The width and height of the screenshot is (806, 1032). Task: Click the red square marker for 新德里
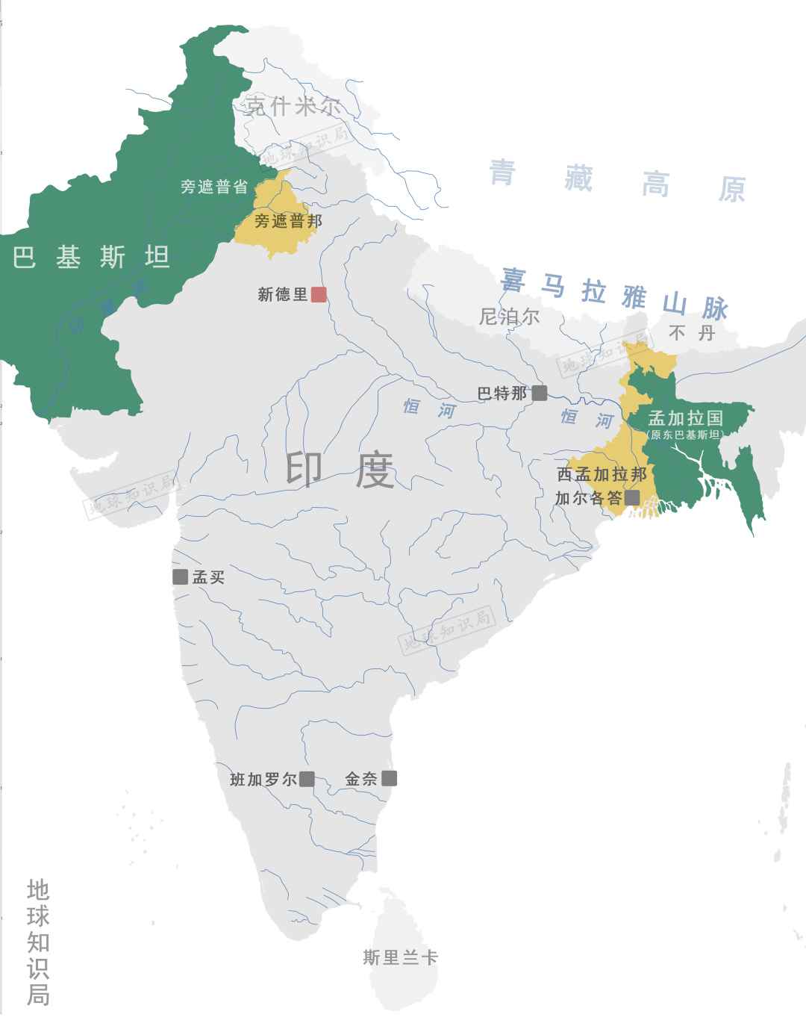tap(319, 294)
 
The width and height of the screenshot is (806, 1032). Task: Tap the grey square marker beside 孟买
tap(180, 576)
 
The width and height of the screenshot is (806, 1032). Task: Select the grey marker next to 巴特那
tap(540, 393)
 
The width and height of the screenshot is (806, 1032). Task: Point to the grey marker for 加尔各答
tap(632, 497)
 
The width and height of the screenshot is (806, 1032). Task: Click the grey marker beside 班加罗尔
tap(307, 779)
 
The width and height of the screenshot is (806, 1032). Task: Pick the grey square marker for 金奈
tap(389, 778)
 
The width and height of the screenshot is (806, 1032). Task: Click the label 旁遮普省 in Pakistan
tap(213, 187)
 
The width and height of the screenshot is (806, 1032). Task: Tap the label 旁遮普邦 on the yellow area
tap(288, 221)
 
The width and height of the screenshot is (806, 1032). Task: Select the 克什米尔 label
tap(293, 106)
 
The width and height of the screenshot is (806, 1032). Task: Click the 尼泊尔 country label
tap(509, 317)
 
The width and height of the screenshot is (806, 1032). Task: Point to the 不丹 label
tap(691, 333)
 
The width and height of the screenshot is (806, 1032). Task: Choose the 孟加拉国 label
tap(686, 418)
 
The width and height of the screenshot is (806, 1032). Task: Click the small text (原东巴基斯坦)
tap(684, 435)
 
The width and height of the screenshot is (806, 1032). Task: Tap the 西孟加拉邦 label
tap(602, 474)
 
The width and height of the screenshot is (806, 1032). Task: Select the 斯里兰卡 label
tap(400, 957)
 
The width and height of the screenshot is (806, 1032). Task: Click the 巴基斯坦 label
tap(91, 257)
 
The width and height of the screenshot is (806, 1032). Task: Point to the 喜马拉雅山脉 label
tap(613, 293)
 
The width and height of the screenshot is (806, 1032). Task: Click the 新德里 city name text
tap(282, 294)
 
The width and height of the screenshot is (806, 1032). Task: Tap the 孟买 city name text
tap(208, 577)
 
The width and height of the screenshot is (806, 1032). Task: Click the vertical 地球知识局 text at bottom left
tap(38, 942)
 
